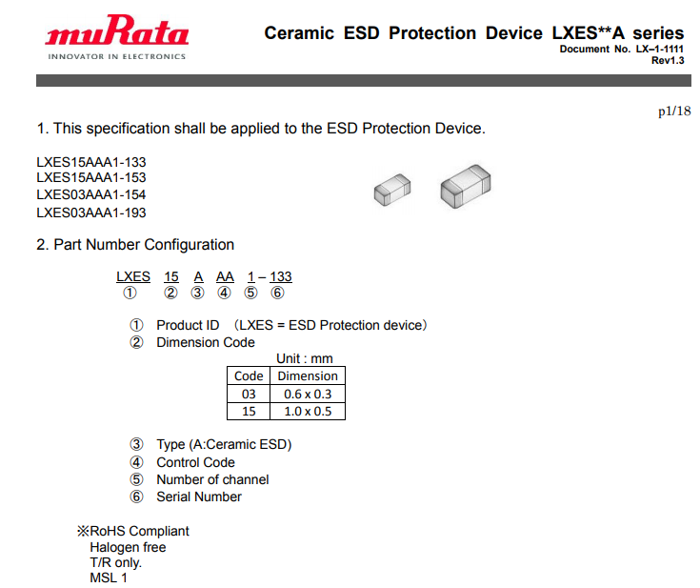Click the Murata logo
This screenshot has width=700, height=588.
pyautogui.click(x=117, y=37)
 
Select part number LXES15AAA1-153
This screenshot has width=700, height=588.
pyautogui.click(x=91, y=178)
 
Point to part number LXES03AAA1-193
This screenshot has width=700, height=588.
pyautogui.click(x=91, y=213)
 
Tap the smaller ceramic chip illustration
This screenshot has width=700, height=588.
pyautogui.click(x=392, y=190)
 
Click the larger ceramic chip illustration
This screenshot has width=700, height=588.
pyautogui.click(x=465, y=187)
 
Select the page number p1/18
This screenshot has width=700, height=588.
pyautogui.click(x=674, y=112)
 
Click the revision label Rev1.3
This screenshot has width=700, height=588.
pyautogui.click(x=668, y=61)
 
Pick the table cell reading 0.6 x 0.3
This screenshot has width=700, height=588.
pyautogui.click(x=308, y=395)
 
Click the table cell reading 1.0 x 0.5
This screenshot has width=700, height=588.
pyautogui.click(x=308, y=412)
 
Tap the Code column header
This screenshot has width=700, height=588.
pyautogui.click(x=249, y=376)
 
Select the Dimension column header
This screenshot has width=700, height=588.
pyautogui.click(x=308, y=376)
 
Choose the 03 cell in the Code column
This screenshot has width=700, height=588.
pyautogui.click(x=249, y=395)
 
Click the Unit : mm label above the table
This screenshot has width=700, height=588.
pyautogui.click(x=305, y=358)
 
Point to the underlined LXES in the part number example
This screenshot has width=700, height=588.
pyautogui.click(x=133, y=277)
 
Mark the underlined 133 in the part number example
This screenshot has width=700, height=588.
pyautogui.click(x=281, y=277)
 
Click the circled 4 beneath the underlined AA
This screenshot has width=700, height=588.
pyautogui.click(x=224, y=294)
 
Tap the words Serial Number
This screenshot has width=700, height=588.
pyautogui.click(x=199, y=497)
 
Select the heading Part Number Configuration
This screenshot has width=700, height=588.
pyautogui.click(x=144, y=245)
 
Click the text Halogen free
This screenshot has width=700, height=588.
pyautogui.click(x=129, y=547)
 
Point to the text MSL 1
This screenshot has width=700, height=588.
pyautogui.click(x=109, y=578)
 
